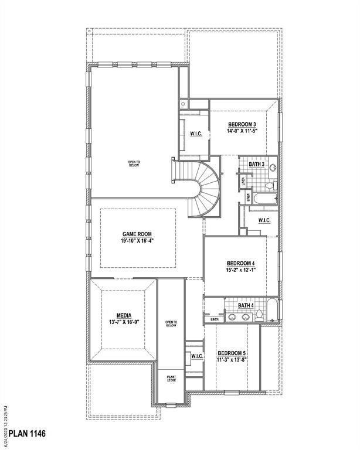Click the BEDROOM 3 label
pyautogui.click(x=242, y=124)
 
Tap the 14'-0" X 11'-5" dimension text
pyautogui.click(x=242, y=131)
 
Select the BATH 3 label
pyautogui.click(x=256, y=165)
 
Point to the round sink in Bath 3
pyautogui.click(x=272, y=169)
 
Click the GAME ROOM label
pyautogui.click(x=137, y=233)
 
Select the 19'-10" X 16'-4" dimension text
pyautogui.click(x=137, y=240)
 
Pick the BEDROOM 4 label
pyautogui.click(x=242, y=263)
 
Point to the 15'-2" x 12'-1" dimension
pyautogui.click(x=242, y=270)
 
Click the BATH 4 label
pyautogui.click(x=246, y=305)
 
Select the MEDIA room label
pyautogui.click(x=124, y=315)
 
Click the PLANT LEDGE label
pyautogui.click(x=171, y=379)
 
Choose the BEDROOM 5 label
pyautogui.click(x=232, y=353)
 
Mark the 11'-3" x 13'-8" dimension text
pyautogui.click(x=232, y=360)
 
